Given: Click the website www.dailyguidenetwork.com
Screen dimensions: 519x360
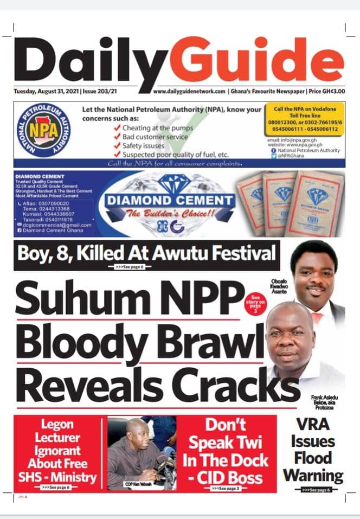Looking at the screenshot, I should [x=189, y=92].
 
